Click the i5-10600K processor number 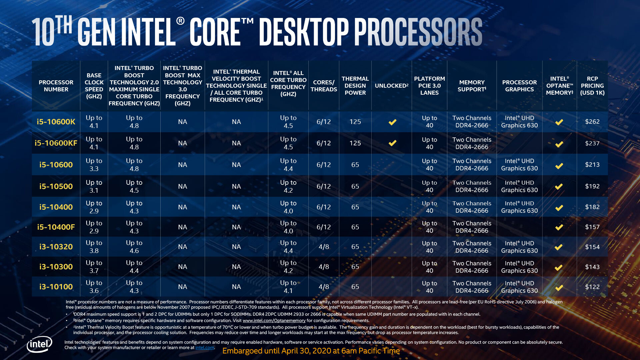point(56,122)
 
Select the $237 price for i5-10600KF point(592,143)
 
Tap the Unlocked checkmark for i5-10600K point(392,122)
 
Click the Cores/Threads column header point(324,86)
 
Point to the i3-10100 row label point(56,287)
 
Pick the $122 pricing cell point(592,287)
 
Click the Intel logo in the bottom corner point(39,344)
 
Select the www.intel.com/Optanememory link point(274,321)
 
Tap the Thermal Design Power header point(355,86)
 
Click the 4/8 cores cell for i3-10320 point(324,247)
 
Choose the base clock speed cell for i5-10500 point(94,186)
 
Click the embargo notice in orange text point(311,351)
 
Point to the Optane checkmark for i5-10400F point(559,227)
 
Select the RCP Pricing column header point(592,86)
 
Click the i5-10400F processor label point(56,227)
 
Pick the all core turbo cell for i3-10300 point(288,267)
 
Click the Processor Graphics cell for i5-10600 point(519,165)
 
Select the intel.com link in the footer point(205,348)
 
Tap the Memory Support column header point(472,86)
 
